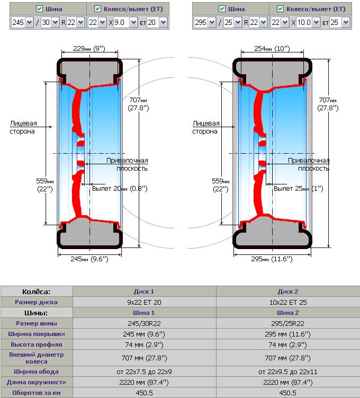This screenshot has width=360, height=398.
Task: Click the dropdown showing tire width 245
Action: click(22, 23)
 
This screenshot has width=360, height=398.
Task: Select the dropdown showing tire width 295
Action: click(204, 23)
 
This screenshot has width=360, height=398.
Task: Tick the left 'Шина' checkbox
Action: click(39, 9)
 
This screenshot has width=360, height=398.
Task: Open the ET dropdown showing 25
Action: click(339, 23)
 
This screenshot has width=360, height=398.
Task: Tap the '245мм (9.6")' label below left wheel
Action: click(89, 259)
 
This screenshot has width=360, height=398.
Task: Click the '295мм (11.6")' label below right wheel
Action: click(272, 259)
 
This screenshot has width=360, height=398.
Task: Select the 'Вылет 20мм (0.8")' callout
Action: click(120, 188)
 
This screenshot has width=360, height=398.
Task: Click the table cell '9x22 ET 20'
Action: click(144, 302)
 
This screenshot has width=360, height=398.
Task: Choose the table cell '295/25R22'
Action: click(288, 323)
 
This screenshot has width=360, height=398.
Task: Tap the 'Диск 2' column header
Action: click(288, 291)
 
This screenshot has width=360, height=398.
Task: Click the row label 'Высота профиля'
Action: click(37, 344)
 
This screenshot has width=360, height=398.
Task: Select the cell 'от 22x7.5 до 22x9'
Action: click(144, 372)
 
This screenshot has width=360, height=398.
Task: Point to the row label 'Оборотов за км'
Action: click(37, 393)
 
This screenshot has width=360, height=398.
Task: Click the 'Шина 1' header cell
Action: click(144, 313)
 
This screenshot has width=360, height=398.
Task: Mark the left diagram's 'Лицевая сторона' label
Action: click(22, 127)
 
